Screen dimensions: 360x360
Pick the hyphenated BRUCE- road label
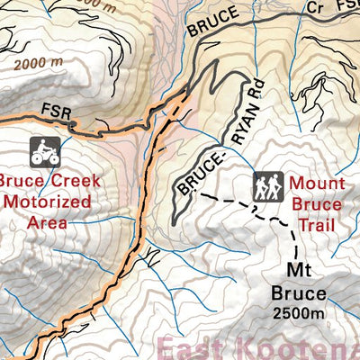[198, 171]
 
